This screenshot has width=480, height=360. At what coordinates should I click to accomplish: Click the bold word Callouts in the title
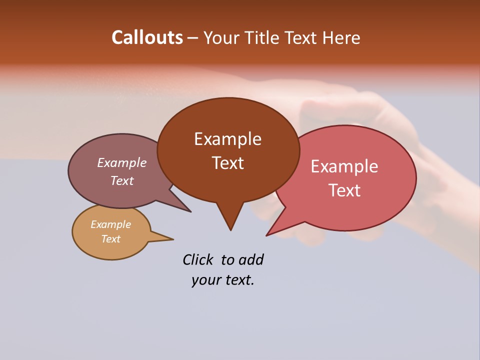(x=147, y=37)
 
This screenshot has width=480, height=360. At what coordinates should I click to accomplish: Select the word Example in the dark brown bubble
(x=227, y=139)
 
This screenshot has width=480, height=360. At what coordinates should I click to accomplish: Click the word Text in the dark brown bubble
(x=227, y=163)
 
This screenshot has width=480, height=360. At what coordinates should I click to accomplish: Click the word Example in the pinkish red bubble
(x=344, y=166)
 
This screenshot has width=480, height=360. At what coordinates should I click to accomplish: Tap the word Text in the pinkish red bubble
(x=344, y=190)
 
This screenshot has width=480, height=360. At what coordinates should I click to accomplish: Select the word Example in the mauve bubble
(x=121, y=163)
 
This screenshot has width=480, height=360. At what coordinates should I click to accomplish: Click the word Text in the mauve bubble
(x=121, y=181)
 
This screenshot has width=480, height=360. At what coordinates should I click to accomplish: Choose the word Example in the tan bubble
(x=110, y=224)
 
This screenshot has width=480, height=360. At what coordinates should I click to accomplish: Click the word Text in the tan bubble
(x=110, y=239)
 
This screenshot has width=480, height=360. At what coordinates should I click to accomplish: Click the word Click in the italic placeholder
(x=197, y=259)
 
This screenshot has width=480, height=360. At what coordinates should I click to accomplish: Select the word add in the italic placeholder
(x=251, y=259)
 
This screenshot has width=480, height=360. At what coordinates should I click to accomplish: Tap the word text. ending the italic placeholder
(x=237, y=280)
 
